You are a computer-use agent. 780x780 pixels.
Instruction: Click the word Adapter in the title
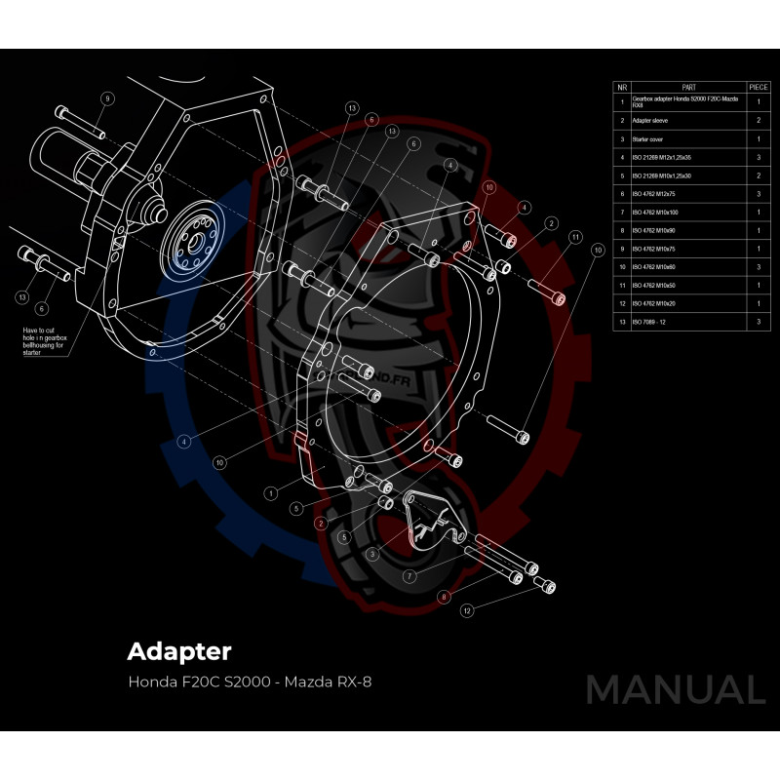coord(179,650)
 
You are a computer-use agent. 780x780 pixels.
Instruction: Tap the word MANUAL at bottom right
coord(675,690)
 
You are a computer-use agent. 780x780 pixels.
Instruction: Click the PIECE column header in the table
coord(758,87)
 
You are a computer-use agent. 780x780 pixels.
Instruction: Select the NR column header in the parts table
coord(622,87)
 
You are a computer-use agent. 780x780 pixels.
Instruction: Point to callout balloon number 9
coord(106,98)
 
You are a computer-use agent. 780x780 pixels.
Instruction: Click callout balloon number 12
coord(468,610)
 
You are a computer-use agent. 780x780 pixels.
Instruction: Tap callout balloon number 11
coord(576,237)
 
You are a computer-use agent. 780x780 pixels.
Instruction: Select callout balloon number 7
coord(409,576)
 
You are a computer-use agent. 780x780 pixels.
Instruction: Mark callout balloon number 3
coord(372,554)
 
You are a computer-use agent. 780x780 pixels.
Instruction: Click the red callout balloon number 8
coord(445,597)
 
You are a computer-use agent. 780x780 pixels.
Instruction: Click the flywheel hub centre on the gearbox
coord(190,242)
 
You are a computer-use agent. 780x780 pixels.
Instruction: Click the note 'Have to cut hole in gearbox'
coord(43,342)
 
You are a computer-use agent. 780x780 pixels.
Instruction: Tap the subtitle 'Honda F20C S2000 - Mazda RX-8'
coord(250,681)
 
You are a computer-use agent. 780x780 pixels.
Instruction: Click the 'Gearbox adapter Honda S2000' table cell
coord(682,101)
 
